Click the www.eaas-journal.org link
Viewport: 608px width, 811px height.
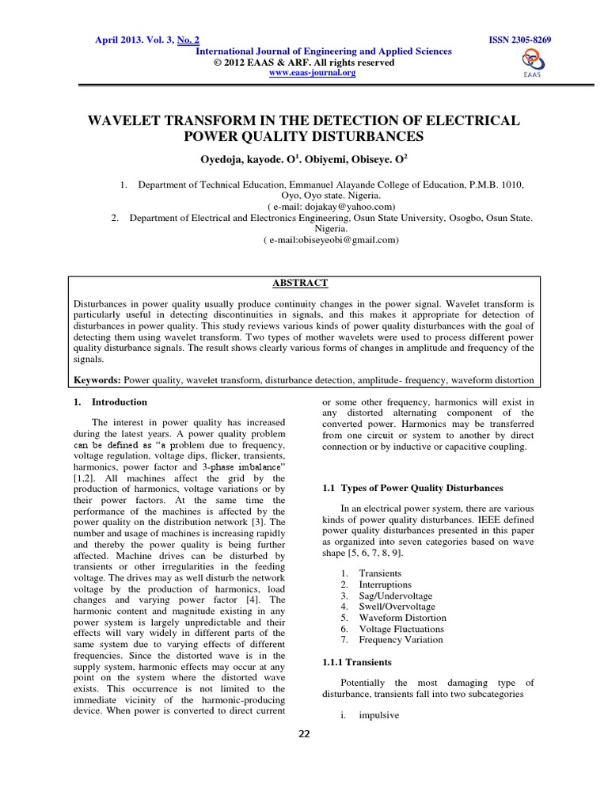313,73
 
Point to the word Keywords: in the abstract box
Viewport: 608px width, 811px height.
97,380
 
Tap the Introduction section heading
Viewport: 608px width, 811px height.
120,402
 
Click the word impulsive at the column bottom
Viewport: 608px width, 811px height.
379,714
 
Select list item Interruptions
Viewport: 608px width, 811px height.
385,584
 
